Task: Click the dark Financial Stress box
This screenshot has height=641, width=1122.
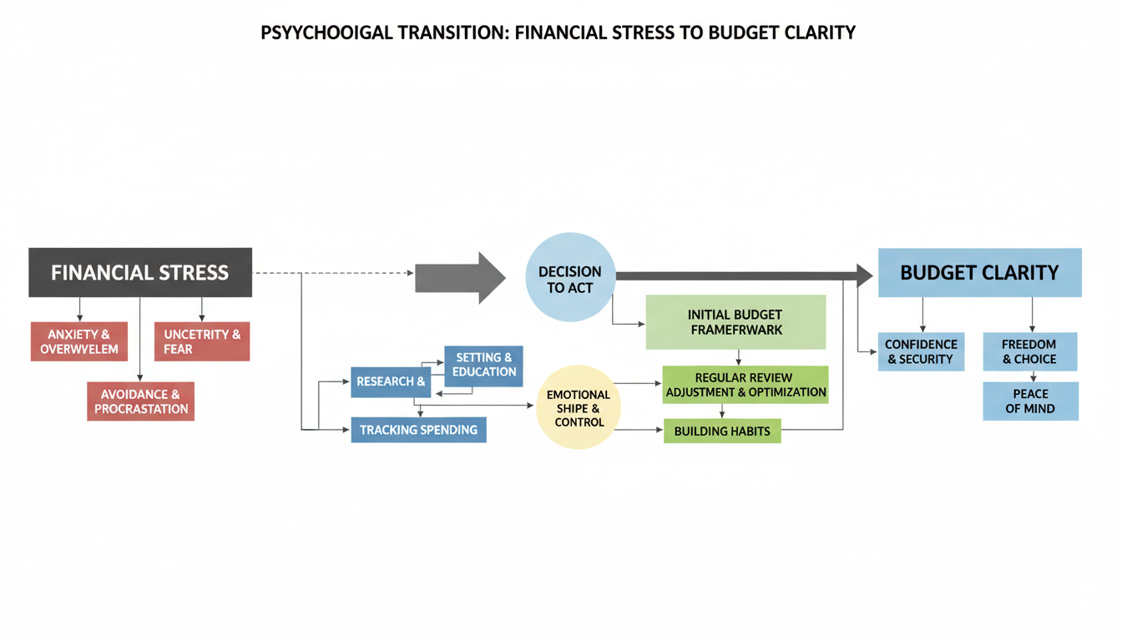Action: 140,272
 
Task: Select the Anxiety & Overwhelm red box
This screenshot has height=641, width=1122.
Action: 79,341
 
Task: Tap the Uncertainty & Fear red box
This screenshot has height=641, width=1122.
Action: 202,341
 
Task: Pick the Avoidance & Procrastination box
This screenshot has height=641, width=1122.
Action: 140,401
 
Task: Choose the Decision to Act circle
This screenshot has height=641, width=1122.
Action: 570,279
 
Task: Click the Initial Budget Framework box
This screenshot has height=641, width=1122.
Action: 735,322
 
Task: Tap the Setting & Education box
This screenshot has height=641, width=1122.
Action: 484,365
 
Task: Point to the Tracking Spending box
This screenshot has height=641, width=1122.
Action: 418,430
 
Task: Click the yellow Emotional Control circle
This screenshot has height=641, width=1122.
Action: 578,407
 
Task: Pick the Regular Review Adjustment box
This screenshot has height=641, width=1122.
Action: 745,385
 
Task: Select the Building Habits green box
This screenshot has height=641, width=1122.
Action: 722,431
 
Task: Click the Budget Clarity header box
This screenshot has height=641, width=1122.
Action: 979,272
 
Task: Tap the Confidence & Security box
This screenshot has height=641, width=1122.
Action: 921,351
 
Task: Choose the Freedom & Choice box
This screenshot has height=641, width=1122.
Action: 1029,351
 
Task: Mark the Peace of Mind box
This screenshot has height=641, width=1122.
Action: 1030,401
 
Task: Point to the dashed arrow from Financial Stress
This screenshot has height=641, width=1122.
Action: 334,273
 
